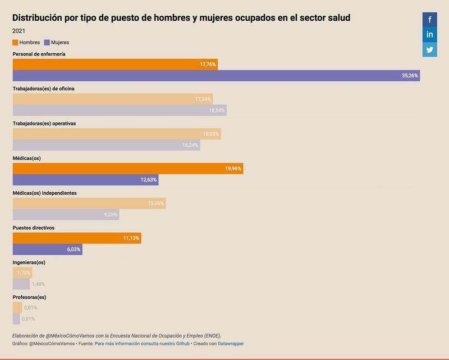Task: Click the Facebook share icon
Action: pyautogui.click(x=430, y=20)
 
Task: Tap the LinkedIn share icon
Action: pyautogui.click(x=430, y=35)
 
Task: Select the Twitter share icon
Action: pyautogui.click(x=430, y=49)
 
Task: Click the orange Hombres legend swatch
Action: pyautogui.click(x=15, y=42)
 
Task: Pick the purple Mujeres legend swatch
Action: pyautogui.click(x=47, y=42)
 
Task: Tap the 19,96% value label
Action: pyautogui.click(x=233, y=168)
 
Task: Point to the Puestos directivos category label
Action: pyautogui.click(x=33, y=228)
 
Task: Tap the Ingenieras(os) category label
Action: pyautogui.click(x=29, y=262)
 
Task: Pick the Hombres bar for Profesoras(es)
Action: pyautogui.click(x=17, y=307)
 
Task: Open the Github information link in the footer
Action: pyautogui.click(x=142, y=343)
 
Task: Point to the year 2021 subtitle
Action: pyautogui.click(x=19, y=31)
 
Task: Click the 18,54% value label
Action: pyautogui.click(x=217, y=110)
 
